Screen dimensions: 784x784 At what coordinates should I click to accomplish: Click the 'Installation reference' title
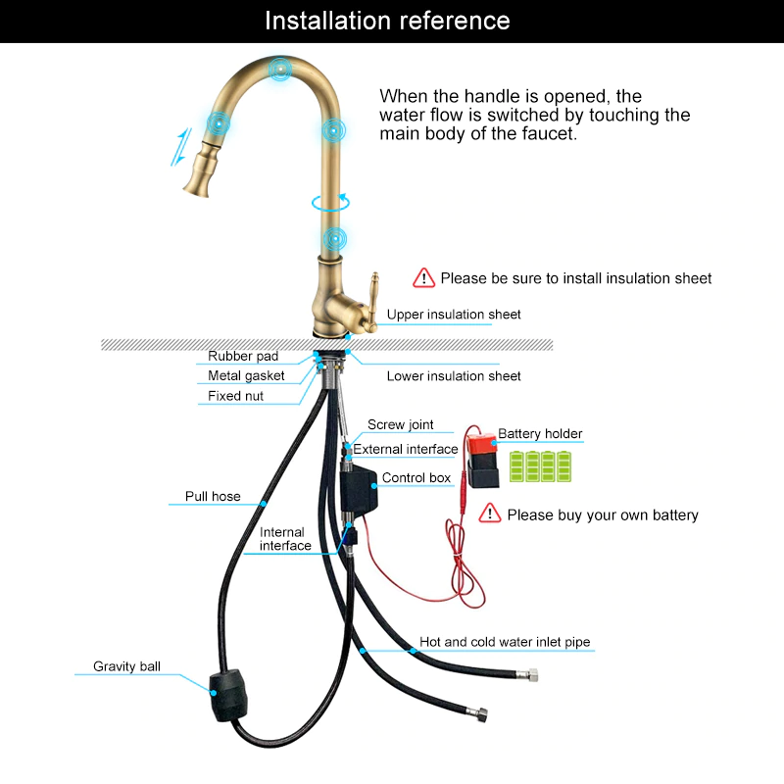pyautogui.click(x=387, y=21)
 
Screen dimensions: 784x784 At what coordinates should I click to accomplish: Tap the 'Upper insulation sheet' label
pyautogui.click(x=454, y=315)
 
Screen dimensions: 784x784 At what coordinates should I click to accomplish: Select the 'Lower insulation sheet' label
pyautogui.click(x=454, y=376)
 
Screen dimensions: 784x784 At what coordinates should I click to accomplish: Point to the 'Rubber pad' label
pyautogui.click(x=243, y=357)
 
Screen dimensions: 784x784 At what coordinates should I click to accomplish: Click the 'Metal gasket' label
pyautogui.click(x=246, y=376)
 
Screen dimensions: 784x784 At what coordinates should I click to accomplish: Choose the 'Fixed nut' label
pyautogui.click(x=235, y=397)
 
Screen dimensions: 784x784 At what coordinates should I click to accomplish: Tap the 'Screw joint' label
pyautogui.click(x=401, y=425)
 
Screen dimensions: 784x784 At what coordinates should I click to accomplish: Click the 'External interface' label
pyautogui.click(x=405, y=450)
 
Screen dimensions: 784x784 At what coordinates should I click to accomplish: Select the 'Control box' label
pyautogui.click(x=416, y=478)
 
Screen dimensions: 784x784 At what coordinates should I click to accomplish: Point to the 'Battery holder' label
pyautogui.click(x=540, y=434)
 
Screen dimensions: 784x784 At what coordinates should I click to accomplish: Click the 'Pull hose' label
pyautogui.click(x=213, y=497)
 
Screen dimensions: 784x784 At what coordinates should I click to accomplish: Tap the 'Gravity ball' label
pyautogui.click(x=126, y=666)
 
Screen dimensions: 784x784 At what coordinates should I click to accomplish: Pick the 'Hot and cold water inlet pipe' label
pyautogui.click(x=505, y=643)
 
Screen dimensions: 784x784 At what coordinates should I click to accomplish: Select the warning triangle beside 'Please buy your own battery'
pyautogui.click(x=490, y=514)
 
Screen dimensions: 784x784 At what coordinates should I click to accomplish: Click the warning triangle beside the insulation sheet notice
pyautogui.click(x=423, y=278)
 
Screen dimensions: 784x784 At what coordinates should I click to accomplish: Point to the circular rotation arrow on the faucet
pyautogui.click(x=330, y=203)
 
